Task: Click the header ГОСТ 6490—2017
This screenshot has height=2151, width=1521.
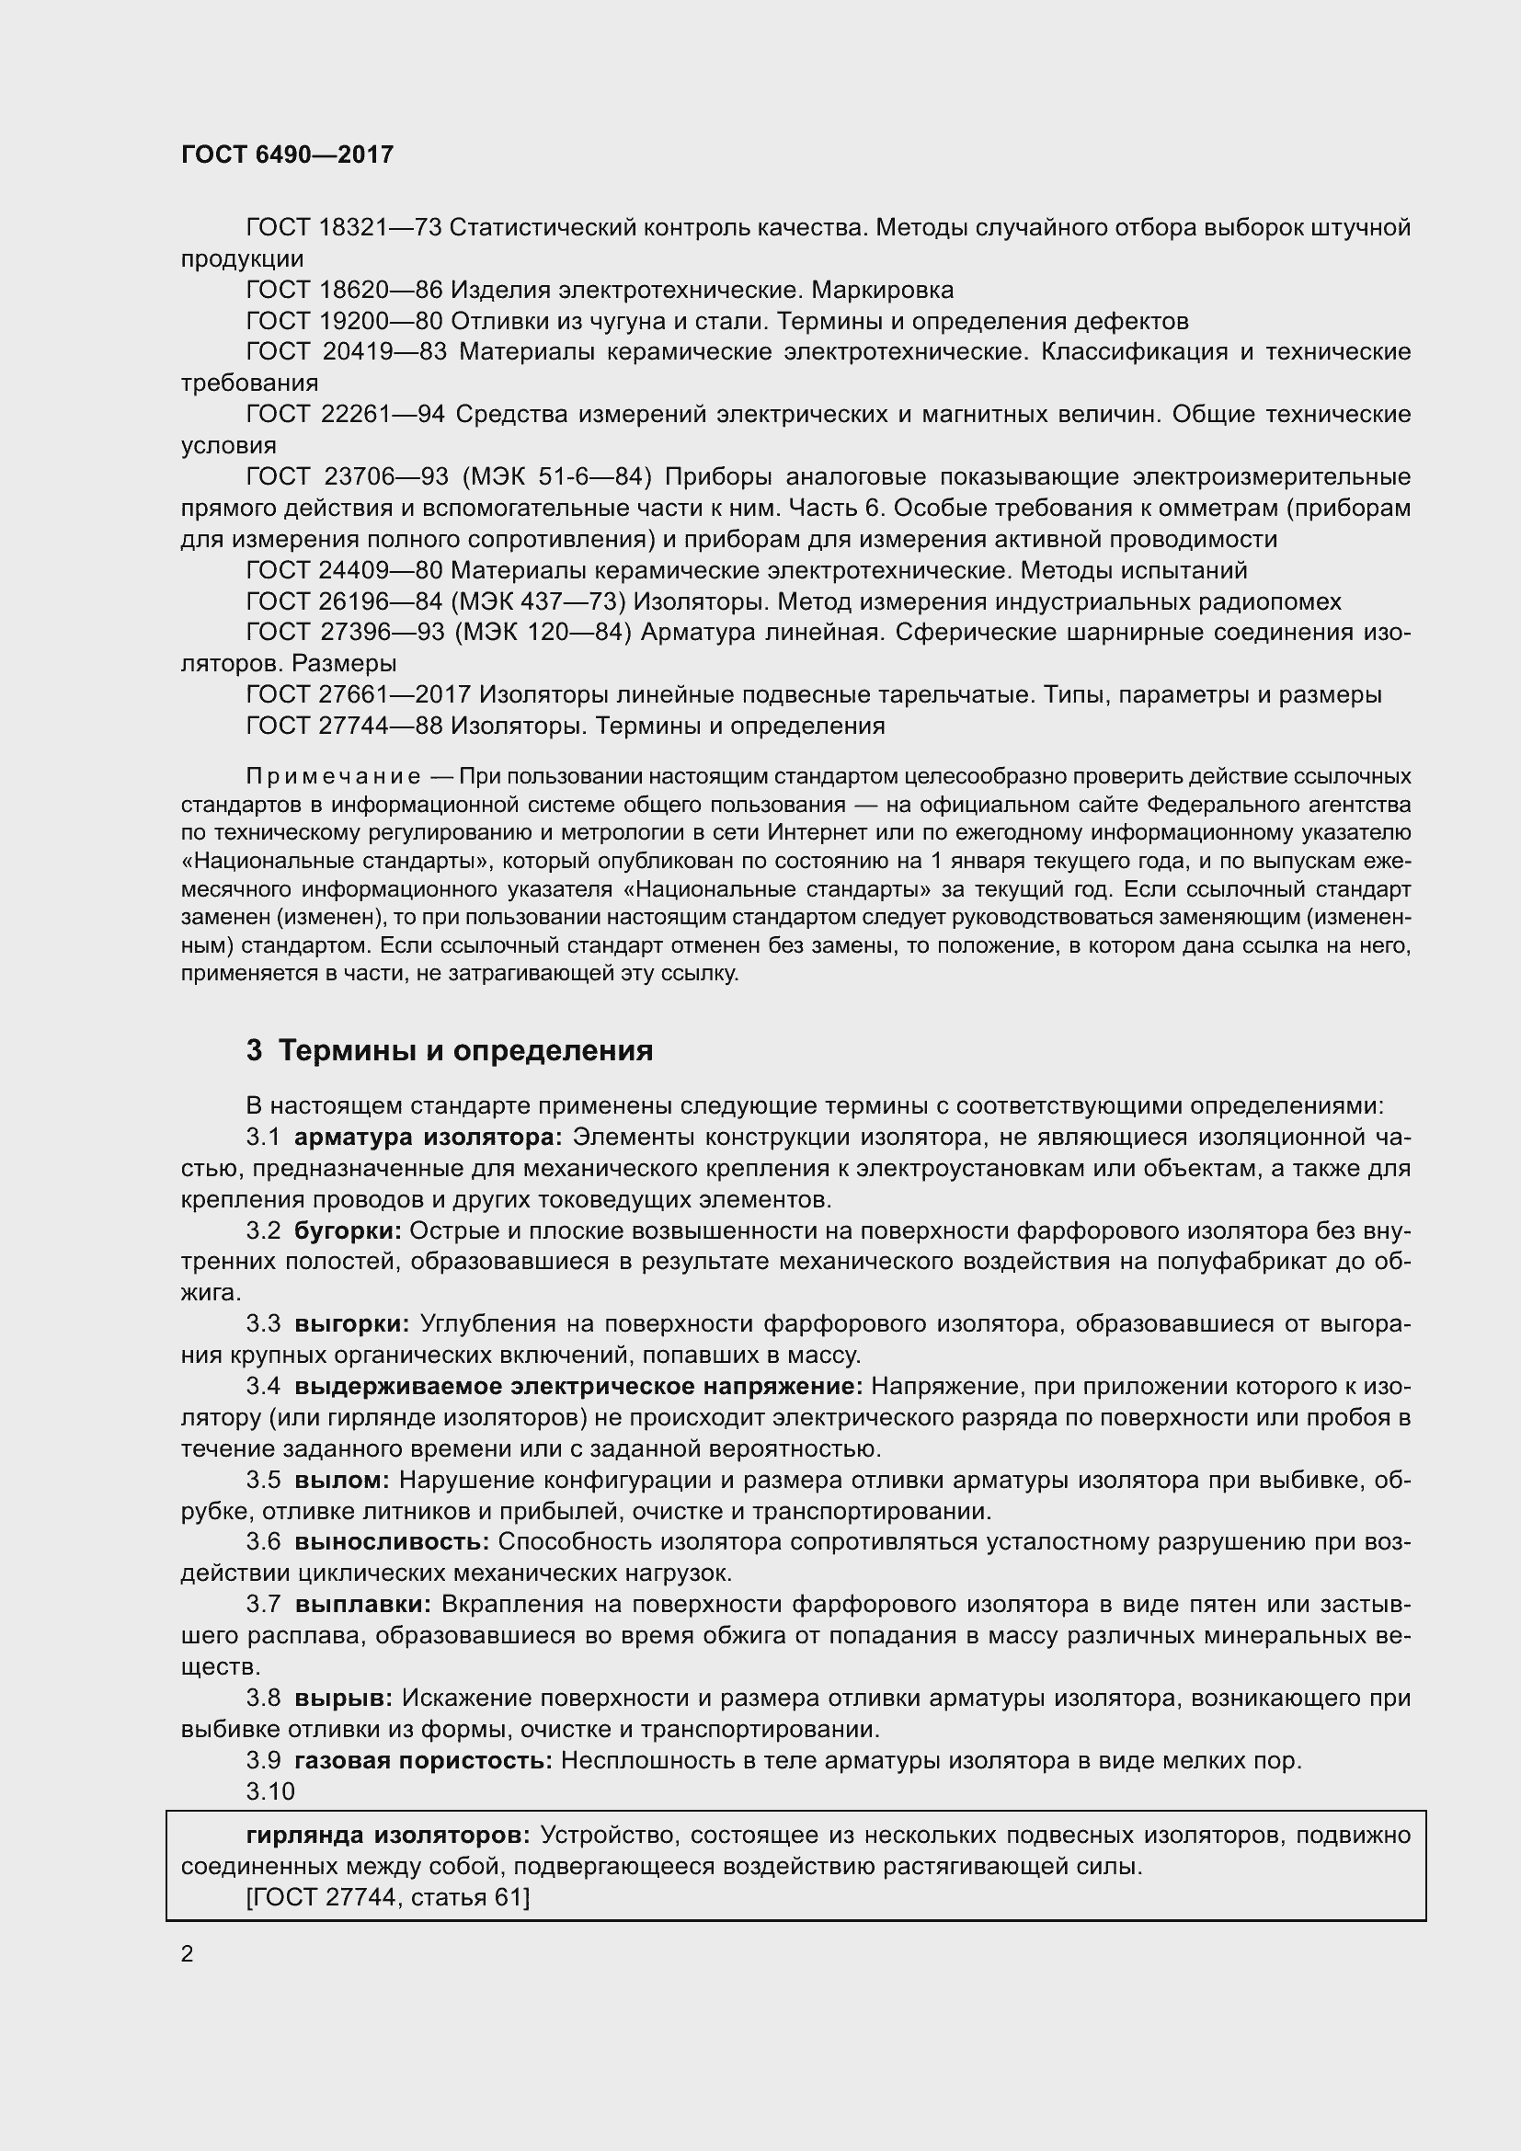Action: [x=287, y=154]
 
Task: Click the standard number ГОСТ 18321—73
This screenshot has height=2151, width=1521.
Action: [x=343, y=228]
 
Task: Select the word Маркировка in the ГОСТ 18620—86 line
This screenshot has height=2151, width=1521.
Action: [x=882, y=290]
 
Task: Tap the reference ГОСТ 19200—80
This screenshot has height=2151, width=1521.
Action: [x=343, y=321]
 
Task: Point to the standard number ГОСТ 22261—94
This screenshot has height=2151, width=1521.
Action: [x=345, y=414]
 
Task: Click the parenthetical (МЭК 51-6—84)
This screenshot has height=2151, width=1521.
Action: [x=556, y=477]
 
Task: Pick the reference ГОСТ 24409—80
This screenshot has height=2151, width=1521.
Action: [x=343, y=570]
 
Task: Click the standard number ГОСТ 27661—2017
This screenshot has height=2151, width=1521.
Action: [x=357, y=695]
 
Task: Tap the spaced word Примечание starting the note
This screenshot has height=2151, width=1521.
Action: [x=333, y=777]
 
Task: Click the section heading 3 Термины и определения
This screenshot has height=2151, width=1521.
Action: [x=450, y=1051]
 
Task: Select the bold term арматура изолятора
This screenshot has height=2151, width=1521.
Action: [x=427, y=1138]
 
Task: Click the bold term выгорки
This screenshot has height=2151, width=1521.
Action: [x=351, y=1323]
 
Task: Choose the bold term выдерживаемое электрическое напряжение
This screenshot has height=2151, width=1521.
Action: [x=578, y=1386]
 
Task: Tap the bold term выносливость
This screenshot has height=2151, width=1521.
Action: [x=392, y=1542]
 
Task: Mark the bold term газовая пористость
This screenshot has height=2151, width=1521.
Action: [x=423, y=1760]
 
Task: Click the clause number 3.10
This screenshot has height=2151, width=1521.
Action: [x=269, y=1791]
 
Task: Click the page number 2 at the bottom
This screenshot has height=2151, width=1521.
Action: [x=188, y=1954]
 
